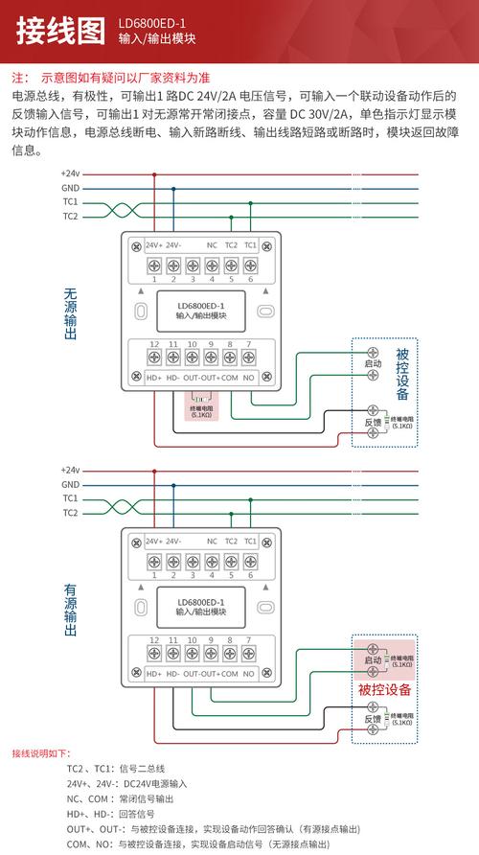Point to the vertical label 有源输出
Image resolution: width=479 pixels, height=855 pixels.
(70, 605)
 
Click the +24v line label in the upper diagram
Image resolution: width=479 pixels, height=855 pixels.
(70, 173)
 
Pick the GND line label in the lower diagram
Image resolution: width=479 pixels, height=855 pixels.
(70, 484)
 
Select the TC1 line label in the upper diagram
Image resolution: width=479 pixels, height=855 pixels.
(70, 202)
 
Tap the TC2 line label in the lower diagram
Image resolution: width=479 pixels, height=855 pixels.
(70, 513)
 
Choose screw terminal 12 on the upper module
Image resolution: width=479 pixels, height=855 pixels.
(153, 358)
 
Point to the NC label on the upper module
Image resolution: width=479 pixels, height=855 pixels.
(211, 245)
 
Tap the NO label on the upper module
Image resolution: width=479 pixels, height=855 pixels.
(249, 378)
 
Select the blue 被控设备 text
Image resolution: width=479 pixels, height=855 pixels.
(402, 374)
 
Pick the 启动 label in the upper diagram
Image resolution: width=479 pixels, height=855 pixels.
(374, 364)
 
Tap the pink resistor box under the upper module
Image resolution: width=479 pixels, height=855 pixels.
(202, 408)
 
